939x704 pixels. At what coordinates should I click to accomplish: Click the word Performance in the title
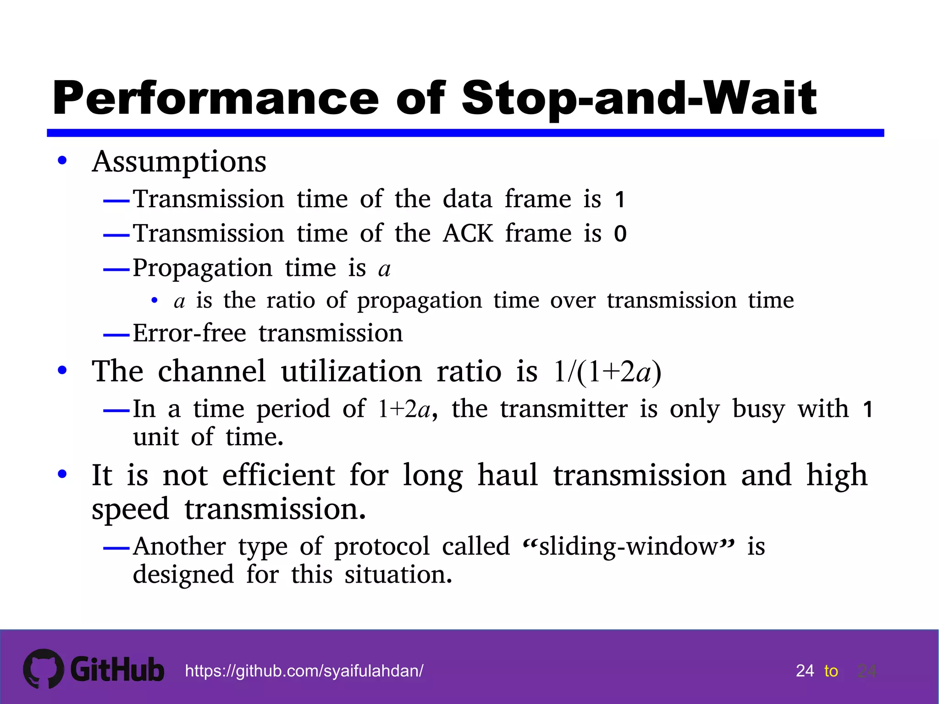click(x=215, y=99)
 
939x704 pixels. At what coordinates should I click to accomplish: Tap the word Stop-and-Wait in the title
click(x=639, y=99)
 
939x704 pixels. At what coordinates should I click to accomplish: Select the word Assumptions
click(x=179, y=162)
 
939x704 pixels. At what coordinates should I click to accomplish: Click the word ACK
click(x=468, y=234)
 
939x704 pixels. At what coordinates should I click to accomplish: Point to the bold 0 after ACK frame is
click(x=620, y=234)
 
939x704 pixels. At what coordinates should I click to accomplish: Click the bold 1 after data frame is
click(x=620, y=200)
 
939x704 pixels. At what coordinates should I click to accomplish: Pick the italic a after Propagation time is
click(x=384, y=269)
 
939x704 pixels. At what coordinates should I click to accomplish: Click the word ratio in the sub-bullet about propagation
click(x=291, y=301)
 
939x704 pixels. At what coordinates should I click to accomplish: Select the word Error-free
click(x=189, y=333)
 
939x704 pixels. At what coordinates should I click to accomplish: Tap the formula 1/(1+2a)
click(x=607, y=371)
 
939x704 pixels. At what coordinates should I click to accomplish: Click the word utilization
click(x=351, y=371)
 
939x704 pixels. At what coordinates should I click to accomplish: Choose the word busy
click(x=758, y=409)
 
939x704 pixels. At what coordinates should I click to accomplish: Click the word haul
click(x=508, y=475)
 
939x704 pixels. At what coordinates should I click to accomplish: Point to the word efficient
click(x=279, y=475)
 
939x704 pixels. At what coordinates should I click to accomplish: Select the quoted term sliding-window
click(x=628, y=546)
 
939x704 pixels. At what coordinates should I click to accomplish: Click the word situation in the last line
click(x=398, y=575)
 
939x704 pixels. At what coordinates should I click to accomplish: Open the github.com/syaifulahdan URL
click(x=304, y=671)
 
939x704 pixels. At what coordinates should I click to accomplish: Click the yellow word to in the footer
click(x=831, y=671)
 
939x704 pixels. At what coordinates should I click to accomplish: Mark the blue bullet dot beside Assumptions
click(x=62, y=161)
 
